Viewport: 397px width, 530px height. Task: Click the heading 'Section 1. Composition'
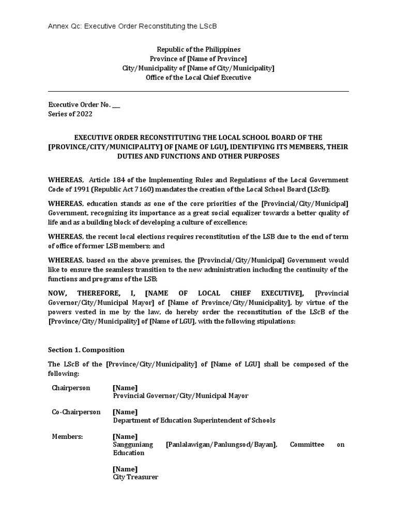click(x=86, y=350)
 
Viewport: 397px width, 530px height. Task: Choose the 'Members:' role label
click(x=67, y=436)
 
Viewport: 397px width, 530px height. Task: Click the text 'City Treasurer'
click(x=135, y=477)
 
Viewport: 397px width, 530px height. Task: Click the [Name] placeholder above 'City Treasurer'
click(x=125, y=469)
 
